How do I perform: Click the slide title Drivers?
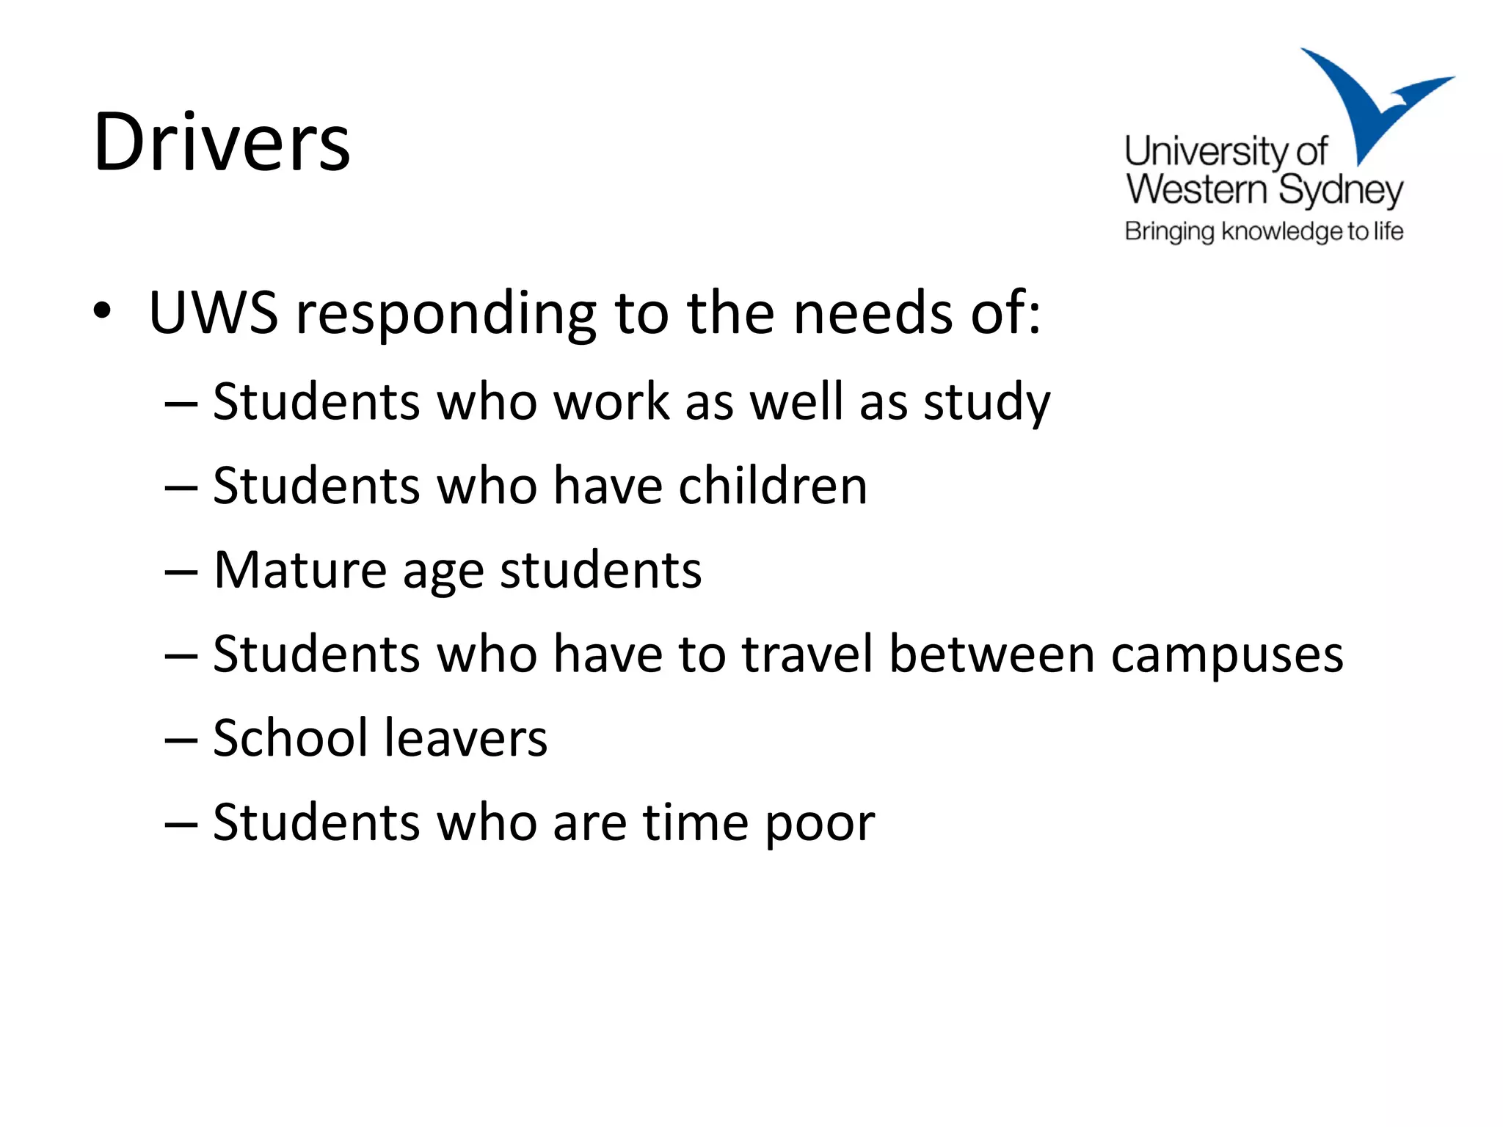pyautogui.click(x=222, y=142)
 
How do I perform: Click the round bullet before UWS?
pyautogui.click(x=102, y=311)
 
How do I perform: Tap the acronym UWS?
pyautogui.click(x=213, y=313)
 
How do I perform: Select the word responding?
pyautogui.click(x=446, y=316)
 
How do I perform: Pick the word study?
pyautogui.click(x=986, y=404)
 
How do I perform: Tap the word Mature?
pyautogui.click(x=299, y=570)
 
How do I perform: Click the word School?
pyautogui.click(x=290, y=738)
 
